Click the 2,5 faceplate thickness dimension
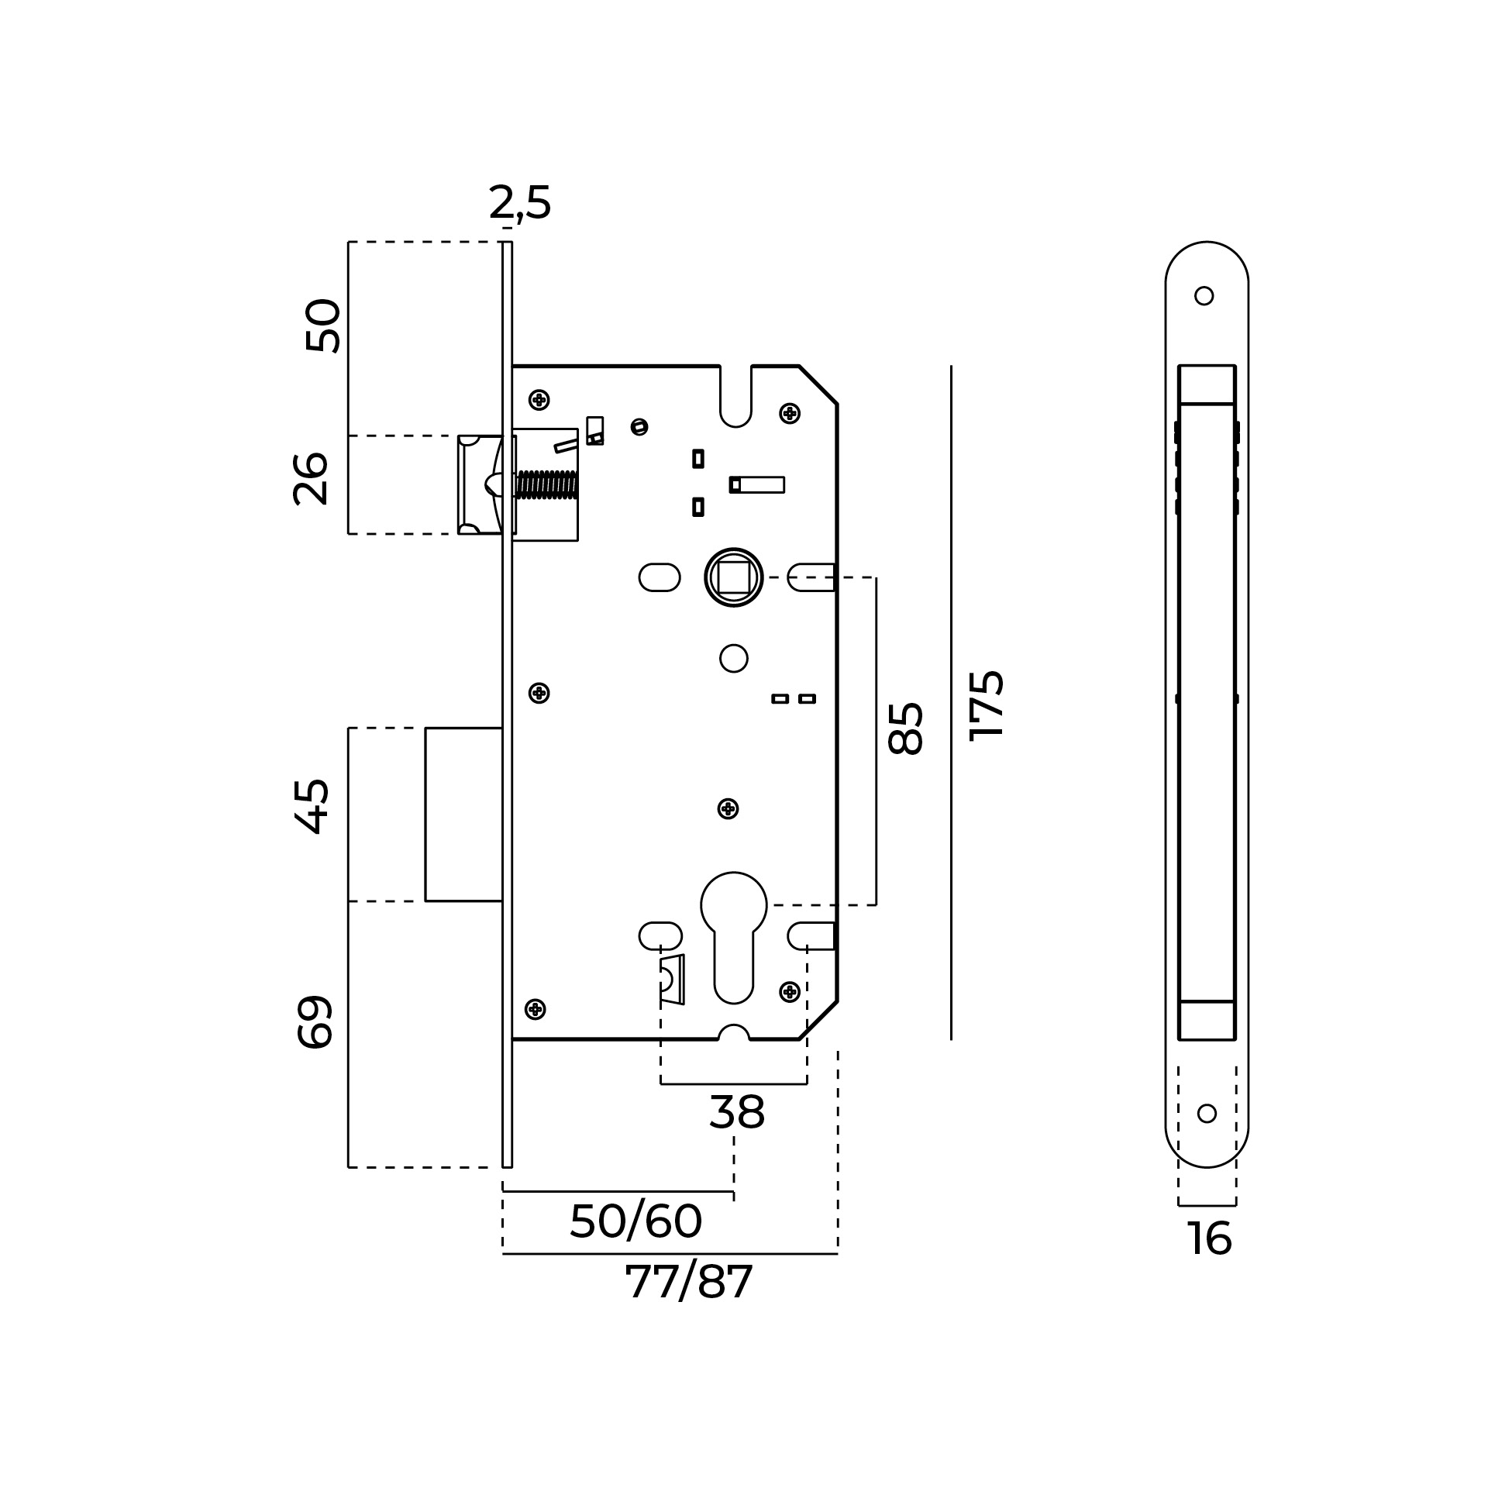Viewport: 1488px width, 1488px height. point(520,204)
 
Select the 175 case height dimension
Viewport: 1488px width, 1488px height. point(987,705)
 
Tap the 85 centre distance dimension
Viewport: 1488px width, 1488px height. point(905,728)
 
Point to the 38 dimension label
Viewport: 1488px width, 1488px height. point(737,1113)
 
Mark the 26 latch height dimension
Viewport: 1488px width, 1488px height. point(312,479)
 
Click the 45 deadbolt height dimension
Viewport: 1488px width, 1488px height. point(312,807)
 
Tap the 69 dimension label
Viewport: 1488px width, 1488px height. point(315,1022)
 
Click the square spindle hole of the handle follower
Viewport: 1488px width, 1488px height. point(733,577)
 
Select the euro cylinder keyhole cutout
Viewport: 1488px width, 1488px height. point(733,936)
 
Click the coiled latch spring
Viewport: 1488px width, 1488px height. point(547,484)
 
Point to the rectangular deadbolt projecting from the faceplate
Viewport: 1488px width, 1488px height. point(463,815)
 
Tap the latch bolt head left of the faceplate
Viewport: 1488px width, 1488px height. point(480,484)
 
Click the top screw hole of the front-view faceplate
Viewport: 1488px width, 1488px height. point(1204,295)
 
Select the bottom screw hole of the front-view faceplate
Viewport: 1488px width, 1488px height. point(1207,1113)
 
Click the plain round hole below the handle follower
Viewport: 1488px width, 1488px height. point(733,658)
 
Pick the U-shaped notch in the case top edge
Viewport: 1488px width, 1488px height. point(735,396)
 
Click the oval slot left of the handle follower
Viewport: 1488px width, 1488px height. point(660,577)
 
